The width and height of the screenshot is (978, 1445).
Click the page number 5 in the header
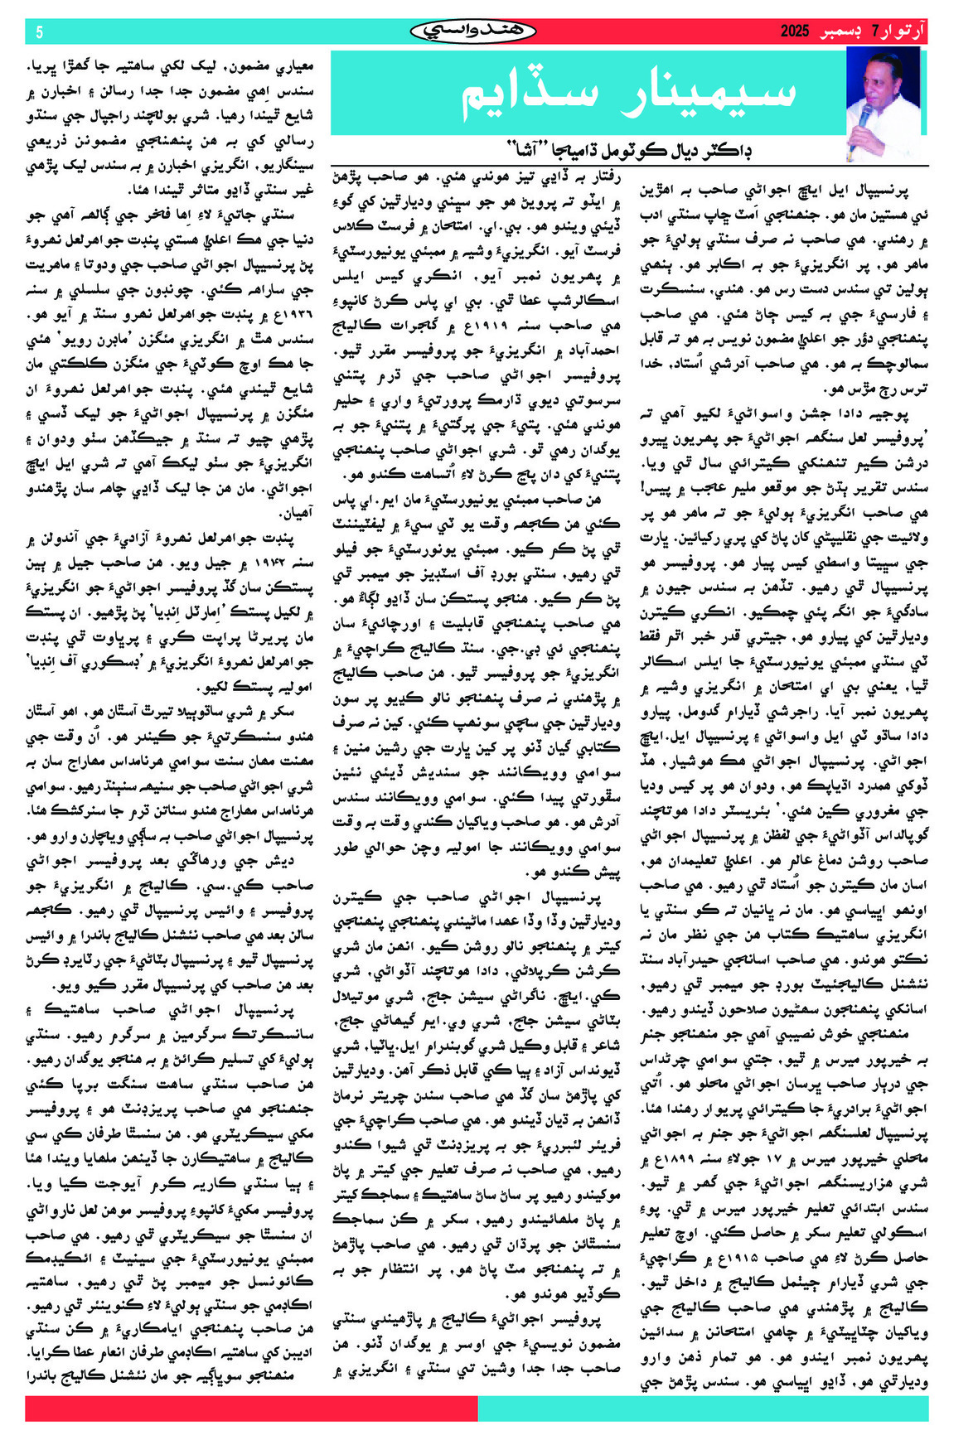click(x=39, y=32)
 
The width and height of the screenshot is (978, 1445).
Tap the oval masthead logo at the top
click(x=473, y=31)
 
